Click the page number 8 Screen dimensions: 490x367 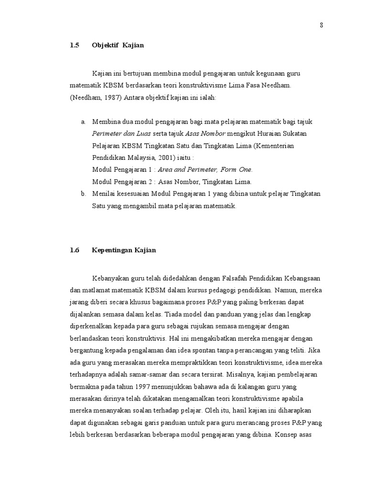[322, 26]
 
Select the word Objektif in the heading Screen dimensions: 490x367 [105, 45]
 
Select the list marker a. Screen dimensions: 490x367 [84, 122]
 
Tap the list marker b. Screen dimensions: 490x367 [84, 194]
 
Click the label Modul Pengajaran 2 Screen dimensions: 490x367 [122, 181]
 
